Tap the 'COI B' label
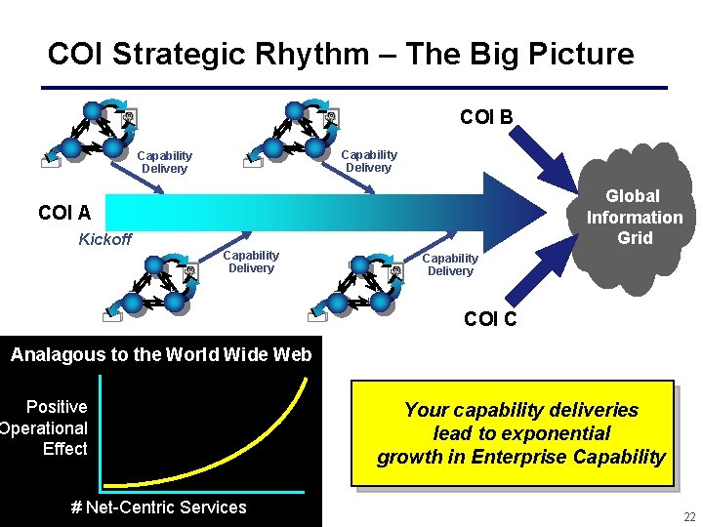(x=486, y=118)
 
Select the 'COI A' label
(x=64, y=213)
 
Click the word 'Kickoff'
(x=104, y=240)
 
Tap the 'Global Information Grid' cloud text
(x=635, y=217)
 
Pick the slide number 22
(x=690, y=516)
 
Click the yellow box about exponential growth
(x=521, y=433)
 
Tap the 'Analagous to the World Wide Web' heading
(x=161, y=354)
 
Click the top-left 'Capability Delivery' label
(x=164, y=162)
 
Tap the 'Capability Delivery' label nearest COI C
(x=450, y=264)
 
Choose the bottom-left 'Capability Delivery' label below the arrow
(x=251, y=262)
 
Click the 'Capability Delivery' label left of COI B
(x=368, y=161)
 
